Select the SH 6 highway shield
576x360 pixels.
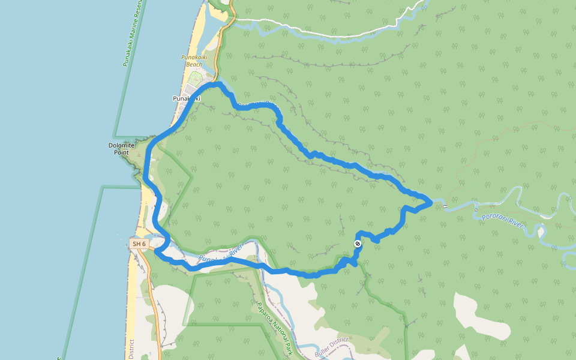click(139, 244)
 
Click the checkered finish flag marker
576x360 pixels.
click(358, 243)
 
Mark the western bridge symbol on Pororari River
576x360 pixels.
click(445, 206)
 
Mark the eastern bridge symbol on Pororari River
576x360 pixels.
click(475, 210)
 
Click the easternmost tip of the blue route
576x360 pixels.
click(431, 202)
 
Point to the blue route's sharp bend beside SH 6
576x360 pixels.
click(156, 251)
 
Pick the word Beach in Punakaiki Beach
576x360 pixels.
click(193, 64)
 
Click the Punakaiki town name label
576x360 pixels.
click(185, 98)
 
